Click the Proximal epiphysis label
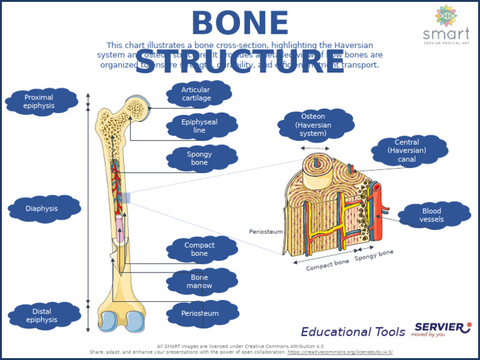coord(39,101)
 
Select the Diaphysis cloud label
coord(42,208)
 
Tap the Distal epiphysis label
coord(42,316)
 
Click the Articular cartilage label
coord(197,94)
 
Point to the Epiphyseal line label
coord(200,126)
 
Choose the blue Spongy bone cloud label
coord(200,158)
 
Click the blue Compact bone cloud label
coord(200,249)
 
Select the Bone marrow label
coord(200,281)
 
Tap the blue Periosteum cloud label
coord(201,313)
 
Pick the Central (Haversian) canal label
coord(407,151)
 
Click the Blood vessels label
coord(432,215)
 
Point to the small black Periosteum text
coord(266,231)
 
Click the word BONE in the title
coord(240,24)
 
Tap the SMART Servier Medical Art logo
coord(446,25)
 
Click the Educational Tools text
coord(353,332)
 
